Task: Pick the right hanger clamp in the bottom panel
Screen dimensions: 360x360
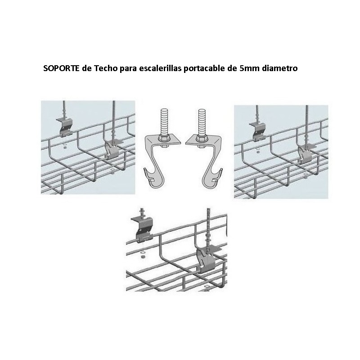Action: (x=207, y=256)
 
